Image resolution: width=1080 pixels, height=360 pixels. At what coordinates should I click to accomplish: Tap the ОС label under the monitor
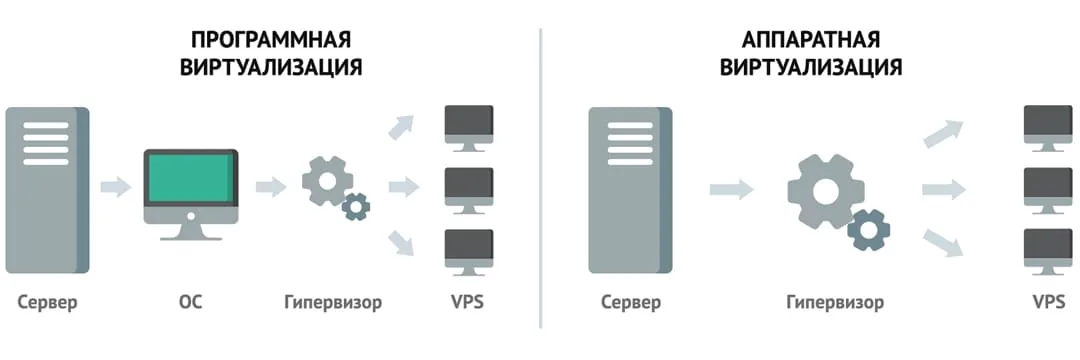click(x=190, y=301)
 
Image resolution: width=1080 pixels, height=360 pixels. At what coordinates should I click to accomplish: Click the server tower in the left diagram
click(x=47, y=189)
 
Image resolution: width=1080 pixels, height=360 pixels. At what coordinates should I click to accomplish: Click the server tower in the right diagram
click(x=631, y=189)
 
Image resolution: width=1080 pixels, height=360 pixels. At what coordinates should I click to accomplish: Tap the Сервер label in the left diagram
click(x=47, y=301)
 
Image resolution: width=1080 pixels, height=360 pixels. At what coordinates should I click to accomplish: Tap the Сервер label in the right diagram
click(x=631, y=301)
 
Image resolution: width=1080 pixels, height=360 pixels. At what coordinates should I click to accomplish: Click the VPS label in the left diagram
click(x=467, y=301)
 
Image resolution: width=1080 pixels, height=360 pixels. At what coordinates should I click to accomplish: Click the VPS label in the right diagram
click(x=1048, y=301)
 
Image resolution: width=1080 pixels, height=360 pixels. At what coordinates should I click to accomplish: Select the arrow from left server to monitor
click(x=116, y=187)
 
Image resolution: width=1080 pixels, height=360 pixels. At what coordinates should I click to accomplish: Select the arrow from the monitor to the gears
click(x=271, y=187)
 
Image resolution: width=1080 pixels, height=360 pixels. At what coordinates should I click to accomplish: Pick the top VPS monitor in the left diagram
click(x=468, y=126)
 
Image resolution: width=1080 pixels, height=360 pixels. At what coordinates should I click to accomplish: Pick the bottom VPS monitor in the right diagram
click(x=1048, y=250)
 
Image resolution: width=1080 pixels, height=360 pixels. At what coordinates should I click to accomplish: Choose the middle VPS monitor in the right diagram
click(x=1048, y=188)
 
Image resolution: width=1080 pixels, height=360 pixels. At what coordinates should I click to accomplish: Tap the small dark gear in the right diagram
click(x=868, y=230)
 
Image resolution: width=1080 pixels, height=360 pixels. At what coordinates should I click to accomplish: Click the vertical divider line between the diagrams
click(x=540, y=180)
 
